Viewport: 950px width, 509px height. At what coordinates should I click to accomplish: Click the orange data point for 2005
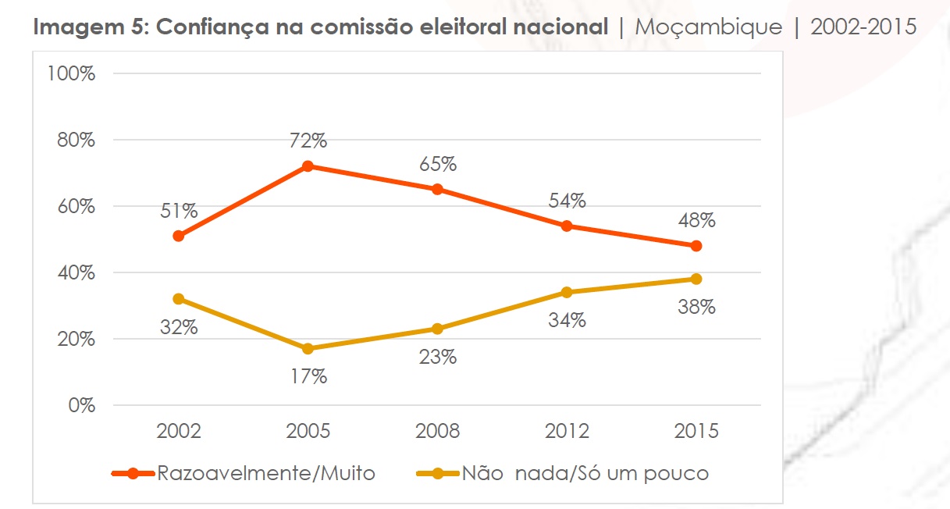(308, 166)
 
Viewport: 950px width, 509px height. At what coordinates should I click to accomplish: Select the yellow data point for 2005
(308, 349)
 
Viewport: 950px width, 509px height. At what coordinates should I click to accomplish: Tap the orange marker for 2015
(696, 246)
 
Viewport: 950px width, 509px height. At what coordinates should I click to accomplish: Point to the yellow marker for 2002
(178, 299)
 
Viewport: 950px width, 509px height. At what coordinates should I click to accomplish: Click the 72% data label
(308, 141)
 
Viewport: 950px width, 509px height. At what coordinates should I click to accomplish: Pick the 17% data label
(308, 376)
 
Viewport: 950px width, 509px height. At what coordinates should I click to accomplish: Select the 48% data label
(696, 221)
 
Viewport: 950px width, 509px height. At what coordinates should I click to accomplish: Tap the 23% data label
(437, 358)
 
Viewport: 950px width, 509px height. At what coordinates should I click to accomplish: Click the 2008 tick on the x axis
(437, 432)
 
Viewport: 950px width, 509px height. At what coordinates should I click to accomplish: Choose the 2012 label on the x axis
(567, 432)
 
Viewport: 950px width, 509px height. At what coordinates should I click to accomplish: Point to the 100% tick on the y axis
(71, 74)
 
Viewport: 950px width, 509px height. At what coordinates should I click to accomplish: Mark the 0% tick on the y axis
(81, 406)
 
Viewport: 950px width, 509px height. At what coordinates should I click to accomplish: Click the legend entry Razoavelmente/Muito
(266, 473)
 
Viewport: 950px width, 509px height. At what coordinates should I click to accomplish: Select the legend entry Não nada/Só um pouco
(585, 473)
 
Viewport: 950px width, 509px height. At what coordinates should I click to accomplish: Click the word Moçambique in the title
(709, 27)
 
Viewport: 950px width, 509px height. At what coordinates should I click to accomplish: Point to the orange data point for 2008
(437, 190)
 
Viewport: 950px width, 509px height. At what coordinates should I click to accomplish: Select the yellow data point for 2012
(567, 293)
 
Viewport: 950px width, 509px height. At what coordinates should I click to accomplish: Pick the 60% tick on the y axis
(76, 207)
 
